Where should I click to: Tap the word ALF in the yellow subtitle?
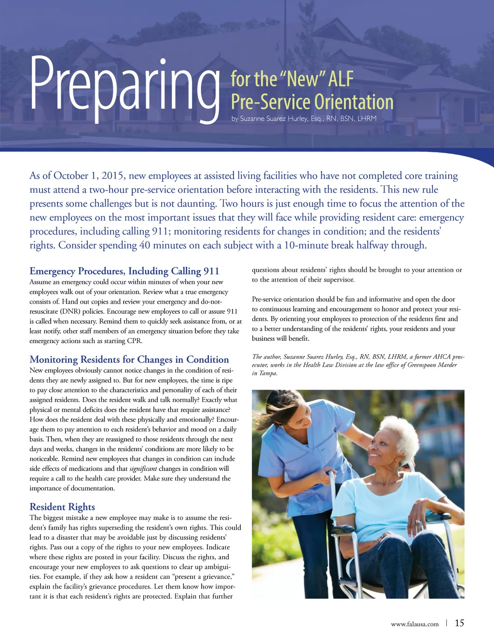click(341, 79)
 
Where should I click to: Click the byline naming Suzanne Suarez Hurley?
click(303, 119)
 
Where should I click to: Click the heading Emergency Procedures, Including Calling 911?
click(124, 271)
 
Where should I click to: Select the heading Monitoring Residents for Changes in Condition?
click(129, 360)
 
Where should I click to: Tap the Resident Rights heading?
click(62, 507)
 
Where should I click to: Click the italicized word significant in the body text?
click(143, 469)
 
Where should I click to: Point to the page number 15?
click(459, 623)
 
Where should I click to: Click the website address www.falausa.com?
click(414, 624)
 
